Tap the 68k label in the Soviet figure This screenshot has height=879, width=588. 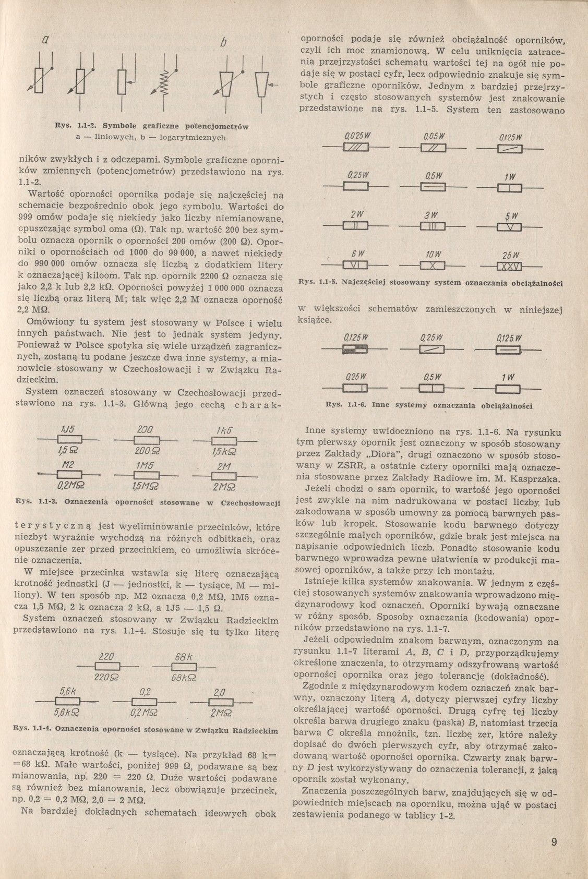pos(185,656)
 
